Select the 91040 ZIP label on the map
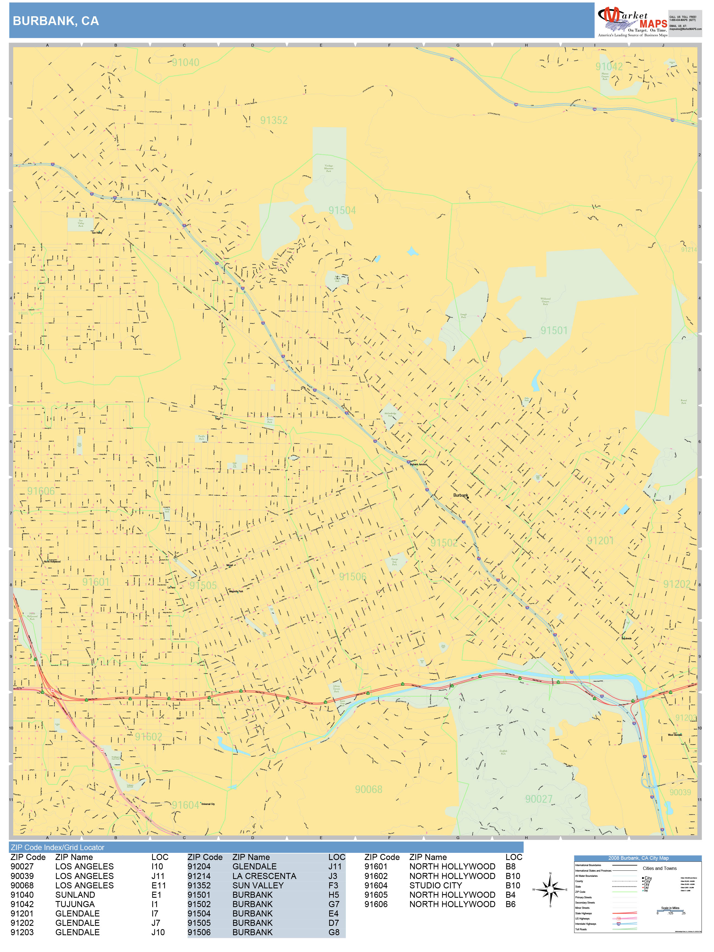click(185, 63)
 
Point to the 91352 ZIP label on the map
click(274, 120)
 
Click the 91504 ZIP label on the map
click(342, 210)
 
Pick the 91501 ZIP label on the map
click(554, 331)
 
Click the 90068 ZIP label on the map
click(368, 789)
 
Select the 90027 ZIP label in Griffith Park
click(539, 799)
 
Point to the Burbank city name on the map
click(461, 495)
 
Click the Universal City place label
click(208, 804)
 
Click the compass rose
click(550, 889)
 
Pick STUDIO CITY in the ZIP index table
click(436, 885)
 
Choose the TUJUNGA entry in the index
click(75, 904)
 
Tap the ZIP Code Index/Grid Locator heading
click(58, 847)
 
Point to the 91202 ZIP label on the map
click(677, 584)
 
